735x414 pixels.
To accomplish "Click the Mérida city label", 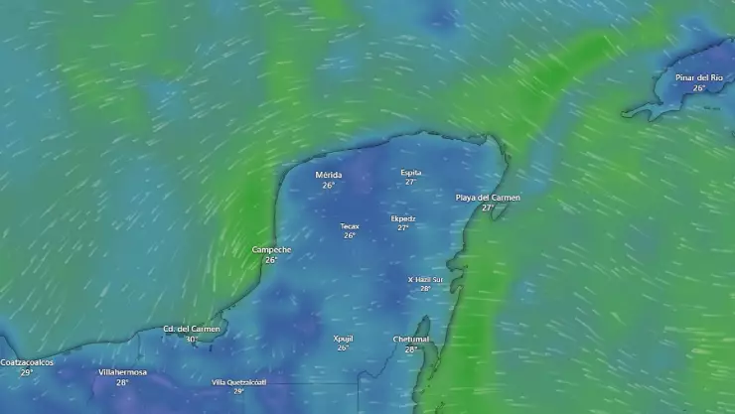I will coord(328,175).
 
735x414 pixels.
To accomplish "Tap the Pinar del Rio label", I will coord(698,77).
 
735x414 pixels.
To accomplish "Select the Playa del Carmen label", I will coord(488,198).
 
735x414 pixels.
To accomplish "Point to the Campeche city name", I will coord(271,249).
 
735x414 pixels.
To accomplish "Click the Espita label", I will coord(410,172).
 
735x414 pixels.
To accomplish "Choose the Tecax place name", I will coord(350,226).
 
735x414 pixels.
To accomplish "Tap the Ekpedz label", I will coord(403,218).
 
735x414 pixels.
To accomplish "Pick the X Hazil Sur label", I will coord(425,279).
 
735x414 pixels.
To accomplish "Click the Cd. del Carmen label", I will coord(192,329).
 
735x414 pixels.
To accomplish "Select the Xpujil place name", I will coord(343,339).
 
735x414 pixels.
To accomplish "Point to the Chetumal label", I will coord(410,339).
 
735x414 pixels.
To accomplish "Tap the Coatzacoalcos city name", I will coord(27,362).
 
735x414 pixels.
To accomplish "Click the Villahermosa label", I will coord(122,372).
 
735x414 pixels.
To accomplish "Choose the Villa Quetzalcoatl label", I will coord(238,382).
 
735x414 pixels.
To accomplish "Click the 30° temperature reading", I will coord(191,340).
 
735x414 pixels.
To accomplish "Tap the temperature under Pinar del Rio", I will coord(699,88).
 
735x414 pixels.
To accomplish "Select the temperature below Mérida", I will coord(328,186).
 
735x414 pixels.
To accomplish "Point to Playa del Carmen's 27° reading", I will coord(487,208).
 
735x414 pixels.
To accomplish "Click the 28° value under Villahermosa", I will coord(122,382).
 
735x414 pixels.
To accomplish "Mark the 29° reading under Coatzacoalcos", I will coord(27,372).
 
